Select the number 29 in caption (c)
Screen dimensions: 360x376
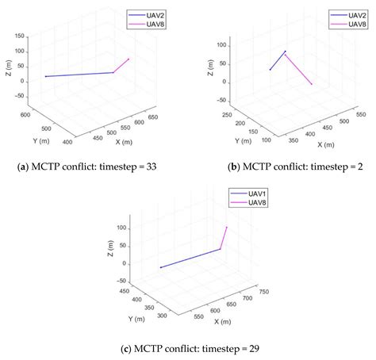249,347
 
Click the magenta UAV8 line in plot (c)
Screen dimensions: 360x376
224,238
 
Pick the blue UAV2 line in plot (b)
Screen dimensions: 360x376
278,60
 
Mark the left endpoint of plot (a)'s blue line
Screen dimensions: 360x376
46,76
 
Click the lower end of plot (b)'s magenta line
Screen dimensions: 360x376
312,84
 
